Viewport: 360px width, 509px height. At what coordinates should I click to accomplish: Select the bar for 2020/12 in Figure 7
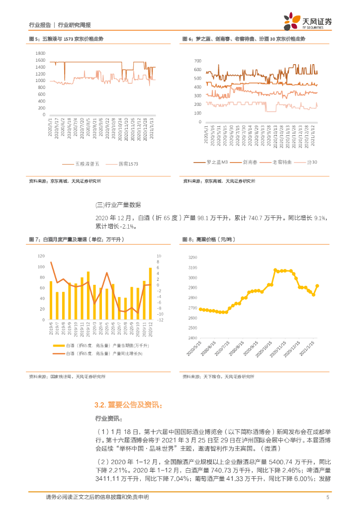tap(150, 294)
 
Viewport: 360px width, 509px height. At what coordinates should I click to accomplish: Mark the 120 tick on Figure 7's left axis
tap(41, 256)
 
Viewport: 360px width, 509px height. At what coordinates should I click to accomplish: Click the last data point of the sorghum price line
tap(317, 285)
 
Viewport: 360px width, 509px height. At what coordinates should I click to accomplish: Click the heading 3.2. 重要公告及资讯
tap(128, 405)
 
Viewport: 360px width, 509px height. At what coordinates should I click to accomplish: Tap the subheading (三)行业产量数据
tap(118, 205)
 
